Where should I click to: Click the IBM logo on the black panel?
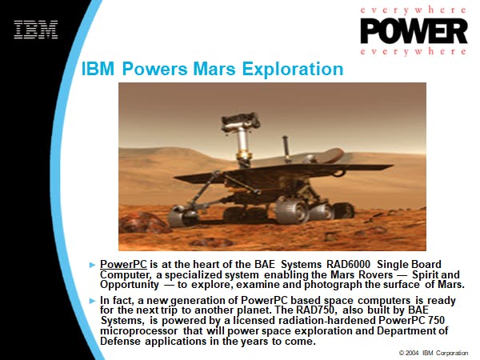(36, 30)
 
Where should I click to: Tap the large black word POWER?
(414, 31)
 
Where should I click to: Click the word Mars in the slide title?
(214, 69)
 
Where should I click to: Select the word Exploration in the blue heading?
(293, 69)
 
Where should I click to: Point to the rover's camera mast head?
(241, 122)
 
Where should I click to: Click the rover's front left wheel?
(182, 216)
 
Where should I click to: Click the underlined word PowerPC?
(123, 264)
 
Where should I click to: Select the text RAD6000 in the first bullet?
(348, 264)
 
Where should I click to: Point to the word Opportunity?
(130, 285)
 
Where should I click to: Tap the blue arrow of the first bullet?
(92, 265)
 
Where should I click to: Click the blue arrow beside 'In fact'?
(92, 301)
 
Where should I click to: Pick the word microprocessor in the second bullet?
(138, 331)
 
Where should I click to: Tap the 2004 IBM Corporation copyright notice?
(434, 353)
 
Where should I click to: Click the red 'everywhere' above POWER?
(414, 10)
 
